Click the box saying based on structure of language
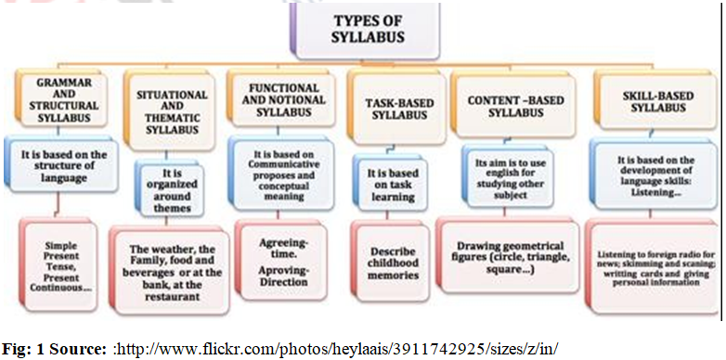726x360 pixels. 64,161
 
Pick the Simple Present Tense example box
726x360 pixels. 64,263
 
